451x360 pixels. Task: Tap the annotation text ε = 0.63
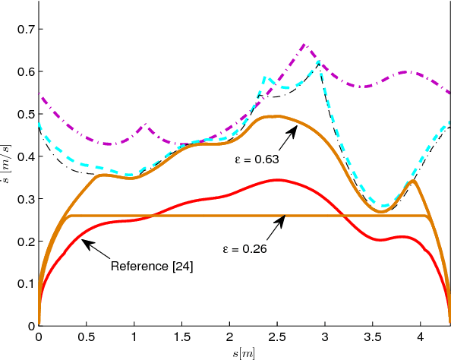[257, 160]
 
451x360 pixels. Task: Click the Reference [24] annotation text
[151, 266]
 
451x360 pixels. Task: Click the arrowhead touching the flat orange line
[285, 218]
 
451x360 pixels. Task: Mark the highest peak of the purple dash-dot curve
[304, 45]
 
